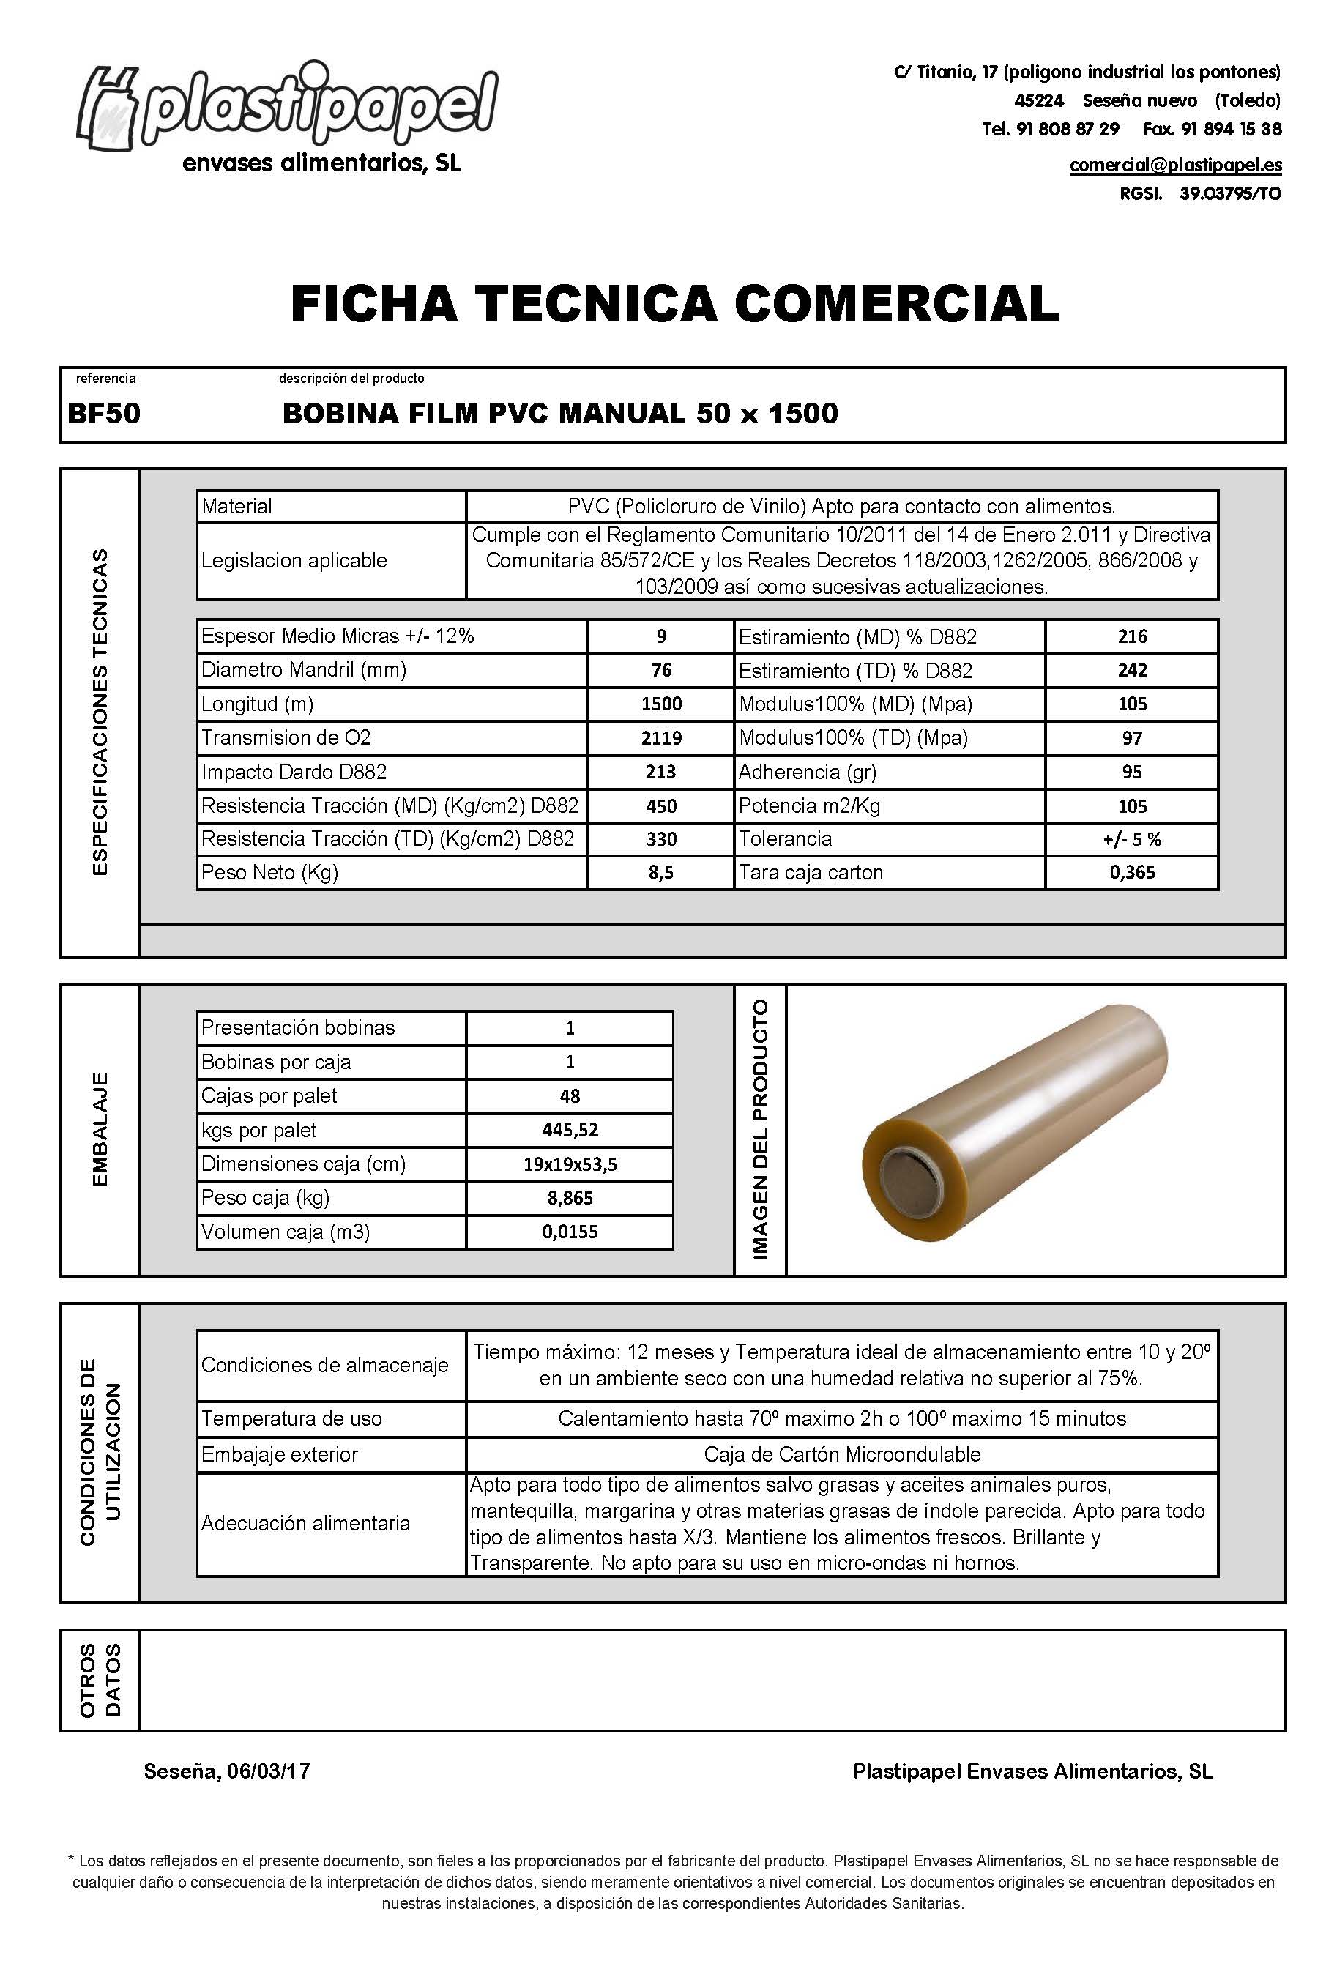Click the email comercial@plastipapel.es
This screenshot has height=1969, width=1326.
click(x=1174, y=165)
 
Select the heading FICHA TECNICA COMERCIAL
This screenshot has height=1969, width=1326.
click(x=674, y=304)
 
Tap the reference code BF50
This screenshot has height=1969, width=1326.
click(x=104, y=414)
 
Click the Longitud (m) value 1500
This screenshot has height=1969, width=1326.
click(x=660, y=704)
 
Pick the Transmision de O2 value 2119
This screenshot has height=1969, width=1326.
click(x=660, y=737)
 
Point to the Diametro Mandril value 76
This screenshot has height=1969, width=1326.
click(x=660, y=670)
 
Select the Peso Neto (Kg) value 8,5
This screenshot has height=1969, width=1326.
click(x=660, y=872)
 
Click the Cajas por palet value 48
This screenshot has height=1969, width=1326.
click(x=569, y=1096)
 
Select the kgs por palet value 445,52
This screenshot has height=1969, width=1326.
click(x=569, y=1130)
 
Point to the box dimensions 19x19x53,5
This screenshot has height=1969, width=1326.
click(x=569, y=1164)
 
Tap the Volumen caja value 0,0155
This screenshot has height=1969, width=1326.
click(x=569, y=1232)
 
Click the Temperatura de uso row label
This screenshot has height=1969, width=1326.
click(x=291, y=1418)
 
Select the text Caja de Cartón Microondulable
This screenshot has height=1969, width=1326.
click(x=841, y=1454)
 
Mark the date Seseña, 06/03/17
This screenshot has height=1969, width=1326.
click(x=227, y=1771)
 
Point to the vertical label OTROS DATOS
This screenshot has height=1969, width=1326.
click(x=100, y=1679)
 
